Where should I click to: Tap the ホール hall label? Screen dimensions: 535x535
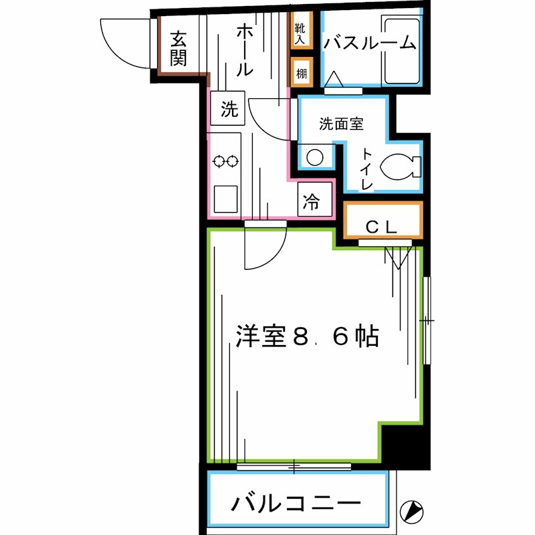[x=244, y=48]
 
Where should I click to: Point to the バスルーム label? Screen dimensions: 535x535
[x=369, y=43]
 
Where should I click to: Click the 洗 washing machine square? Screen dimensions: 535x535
[x=229, y=110]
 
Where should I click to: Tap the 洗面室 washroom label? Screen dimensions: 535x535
[x=340, y=124]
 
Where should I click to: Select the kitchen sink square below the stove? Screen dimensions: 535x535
[x=226, y=197]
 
